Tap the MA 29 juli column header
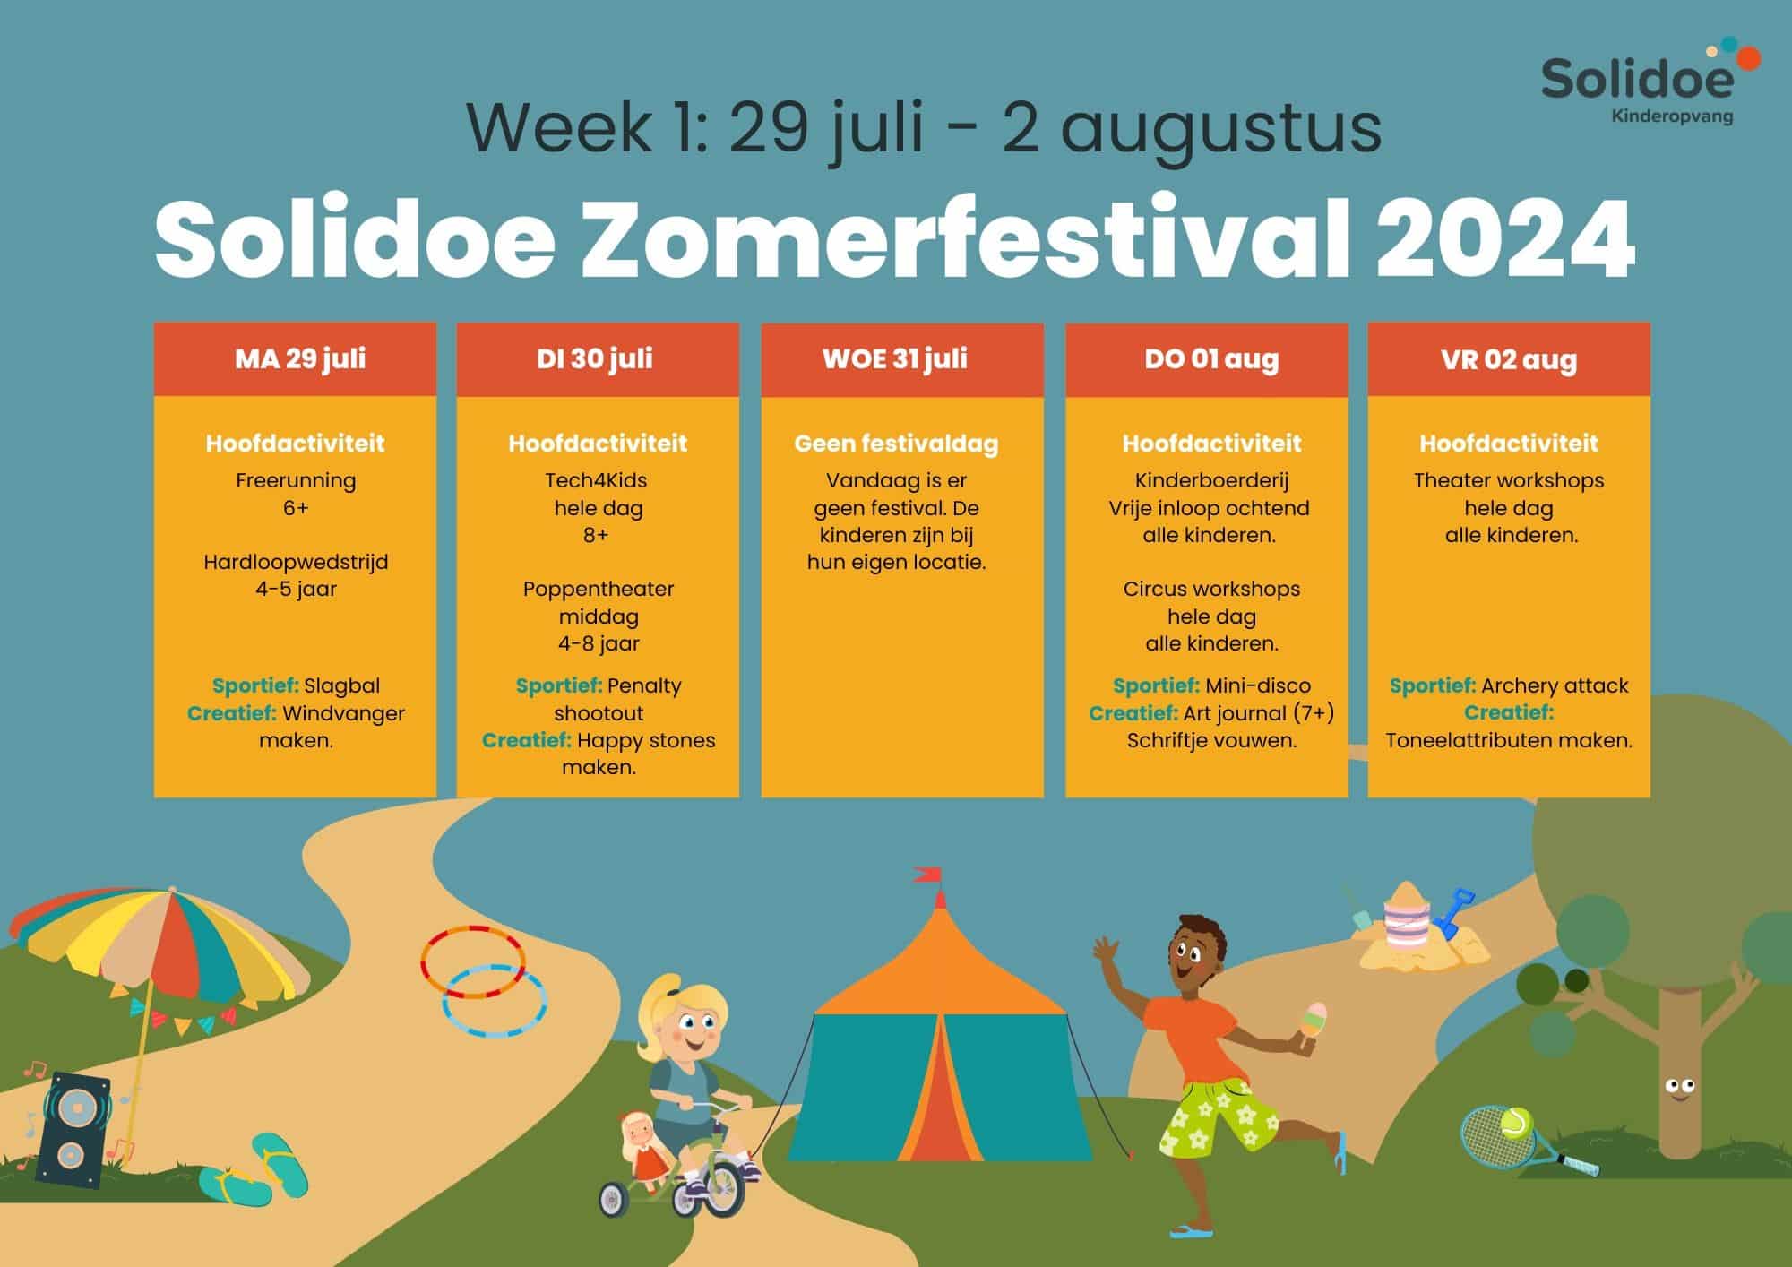(x=300, y=358)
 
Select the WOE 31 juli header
(x=895, y=358)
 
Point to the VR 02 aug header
(x=1509, y=359)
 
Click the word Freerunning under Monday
(x=296, y=480)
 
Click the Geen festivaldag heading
(x=896, y=444)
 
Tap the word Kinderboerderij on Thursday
(x=1211, y=481)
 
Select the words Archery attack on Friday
(x=1555, y=686)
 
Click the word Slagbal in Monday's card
(x=341, y=686)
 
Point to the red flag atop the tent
(x=928, y=874)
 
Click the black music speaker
(x=73, y=1131)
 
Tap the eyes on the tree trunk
(x=1679, y=1088)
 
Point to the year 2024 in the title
(x=1505, y=240)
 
